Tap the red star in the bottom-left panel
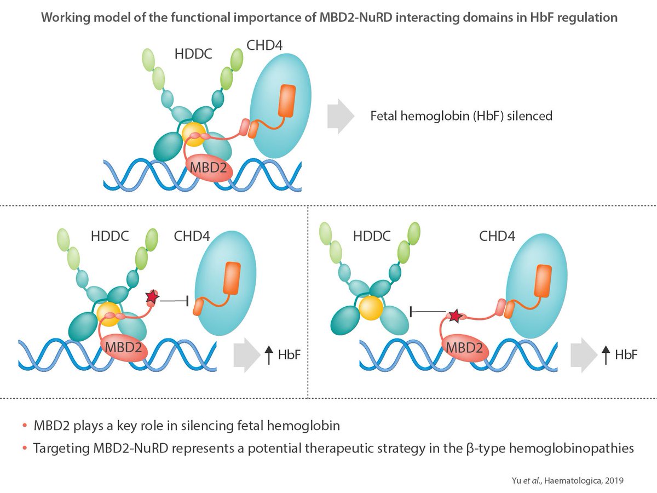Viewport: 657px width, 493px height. click(x=152, y=297)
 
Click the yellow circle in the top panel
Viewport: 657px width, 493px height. click(x=194, y=134)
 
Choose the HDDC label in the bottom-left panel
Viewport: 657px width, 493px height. click(x=110, y=237)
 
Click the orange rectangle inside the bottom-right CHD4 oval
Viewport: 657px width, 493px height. click(x=543, y=280)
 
